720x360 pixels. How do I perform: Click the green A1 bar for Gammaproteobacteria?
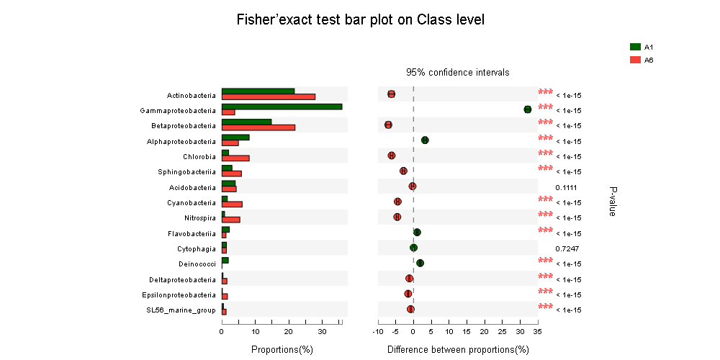(282, 107)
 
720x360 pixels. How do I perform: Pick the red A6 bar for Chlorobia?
(235, 158)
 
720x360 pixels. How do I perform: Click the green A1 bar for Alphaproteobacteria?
(235, 137)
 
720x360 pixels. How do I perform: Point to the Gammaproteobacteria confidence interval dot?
(528, 109)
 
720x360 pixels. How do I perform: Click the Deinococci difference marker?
(420, 263)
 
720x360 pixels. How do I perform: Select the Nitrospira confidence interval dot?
(397, 217)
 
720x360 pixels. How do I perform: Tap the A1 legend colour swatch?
(635, 47)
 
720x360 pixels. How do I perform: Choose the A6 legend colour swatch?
(635, 60)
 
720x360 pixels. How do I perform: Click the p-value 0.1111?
(566, 187)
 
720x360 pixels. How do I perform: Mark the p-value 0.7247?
(566, 248)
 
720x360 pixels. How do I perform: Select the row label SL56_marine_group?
(181, 310)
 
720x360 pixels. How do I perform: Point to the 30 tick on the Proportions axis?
(322, 332)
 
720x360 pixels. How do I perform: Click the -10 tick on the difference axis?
(378, 332)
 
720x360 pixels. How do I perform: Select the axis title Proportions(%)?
(282, 349)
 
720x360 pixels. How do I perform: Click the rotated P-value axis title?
(613, 201)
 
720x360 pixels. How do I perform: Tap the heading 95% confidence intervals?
(458, 73)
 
